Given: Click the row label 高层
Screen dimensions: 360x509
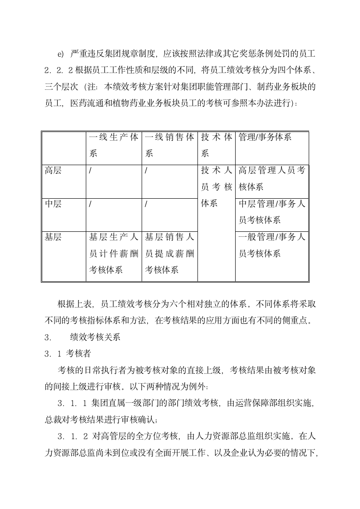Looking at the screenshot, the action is pyautogui.click(x=53, y=171).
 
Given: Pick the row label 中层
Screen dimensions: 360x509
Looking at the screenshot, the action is pyautogui.click(x=53, y=204).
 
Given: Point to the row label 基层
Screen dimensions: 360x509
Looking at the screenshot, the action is pyautogui.click(x=53, y=237).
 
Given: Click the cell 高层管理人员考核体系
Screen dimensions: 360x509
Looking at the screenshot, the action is pyautogui.click(x=271, y=179).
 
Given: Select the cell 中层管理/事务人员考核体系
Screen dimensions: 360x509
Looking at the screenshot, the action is pyautogui.click(x=271, y=212).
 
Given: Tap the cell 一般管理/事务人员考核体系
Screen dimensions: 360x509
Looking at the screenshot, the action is pyautogui.click(x=271, y=245).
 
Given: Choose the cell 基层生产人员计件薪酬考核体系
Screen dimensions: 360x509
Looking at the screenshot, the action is pyautogui.click(x=114, y=253).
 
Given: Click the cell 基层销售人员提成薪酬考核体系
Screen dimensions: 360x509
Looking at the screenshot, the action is pyautogui.click(x=170, y=253).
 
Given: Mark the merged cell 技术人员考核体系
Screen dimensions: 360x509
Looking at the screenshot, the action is pyautogui.click(x=217, y=187).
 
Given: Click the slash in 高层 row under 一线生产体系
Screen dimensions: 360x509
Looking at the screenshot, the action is pyautogui.click(x=90, y=171).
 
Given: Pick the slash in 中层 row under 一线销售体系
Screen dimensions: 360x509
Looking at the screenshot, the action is pyautogui.click(x=146, y=204).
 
